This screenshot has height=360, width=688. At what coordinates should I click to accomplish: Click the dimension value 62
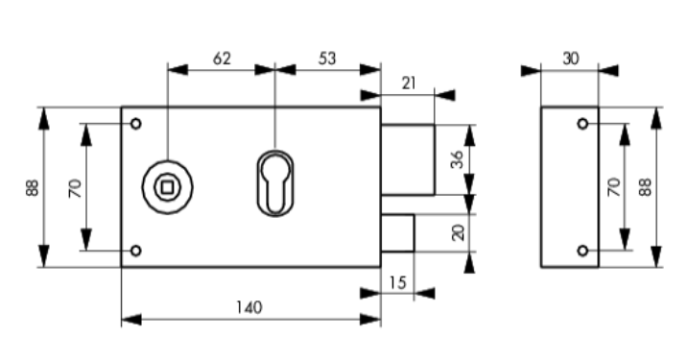222,59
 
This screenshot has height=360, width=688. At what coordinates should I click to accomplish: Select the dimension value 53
327,59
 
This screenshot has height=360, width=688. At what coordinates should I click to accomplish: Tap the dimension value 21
409,84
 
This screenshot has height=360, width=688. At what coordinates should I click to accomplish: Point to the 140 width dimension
249,307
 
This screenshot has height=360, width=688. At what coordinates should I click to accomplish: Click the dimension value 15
397,283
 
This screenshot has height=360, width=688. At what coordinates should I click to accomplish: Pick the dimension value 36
457,159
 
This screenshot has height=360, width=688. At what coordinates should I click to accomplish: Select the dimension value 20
457,232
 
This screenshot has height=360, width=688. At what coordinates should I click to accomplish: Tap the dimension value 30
570,59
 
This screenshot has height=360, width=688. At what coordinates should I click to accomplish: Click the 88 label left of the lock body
33,187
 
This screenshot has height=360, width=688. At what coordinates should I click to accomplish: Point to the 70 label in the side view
614,187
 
